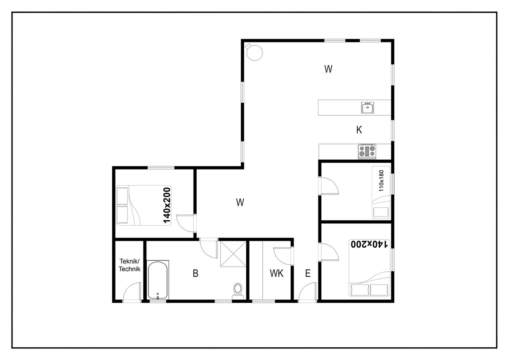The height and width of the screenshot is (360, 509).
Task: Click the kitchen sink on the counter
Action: [x=368, y=108]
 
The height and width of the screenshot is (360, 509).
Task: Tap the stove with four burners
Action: [x=367, y=151]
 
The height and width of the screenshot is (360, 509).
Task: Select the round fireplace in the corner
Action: [x=254, y=52]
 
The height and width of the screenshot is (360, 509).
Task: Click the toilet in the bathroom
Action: [x=238, y=291]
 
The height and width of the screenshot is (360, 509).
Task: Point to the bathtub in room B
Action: [x=158, y=280]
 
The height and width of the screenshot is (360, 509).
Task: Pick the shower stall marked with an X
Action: [x=233, y=254]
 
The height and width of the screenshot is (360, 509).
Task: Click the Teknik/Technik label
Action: [x=130, y=265]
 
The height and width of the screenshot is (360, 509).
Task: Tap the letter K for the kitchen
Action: [x=359, y=130]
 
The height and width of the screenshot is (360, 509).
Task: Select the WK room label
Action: [x=276, y=273]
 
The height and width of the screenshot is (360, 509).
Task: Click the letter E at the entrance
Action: [x=308, y=273]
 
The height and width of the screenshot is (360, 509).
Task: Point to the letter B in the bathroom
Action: [x=196, y=273]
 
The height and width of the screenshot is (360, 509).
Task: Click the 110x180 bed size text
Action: [x=381, y=181]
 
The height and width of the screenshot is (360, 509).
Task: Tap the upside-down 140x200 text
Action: [x=369, y=244]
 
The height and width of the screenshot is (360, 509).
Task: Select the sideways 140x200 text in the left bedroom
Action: [x=167, y=205]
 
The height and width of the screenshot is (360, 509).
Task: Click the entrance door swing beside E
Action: [x=307, y=292]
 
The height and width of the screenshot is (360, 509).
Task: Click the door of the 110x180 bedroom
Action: [x=329, y=186]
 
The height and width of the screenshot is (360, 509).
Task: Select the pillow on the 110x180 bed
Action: [x=381, y=212]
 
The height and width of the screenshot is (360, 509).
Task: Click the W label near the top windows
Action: [x=328, y=69]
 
